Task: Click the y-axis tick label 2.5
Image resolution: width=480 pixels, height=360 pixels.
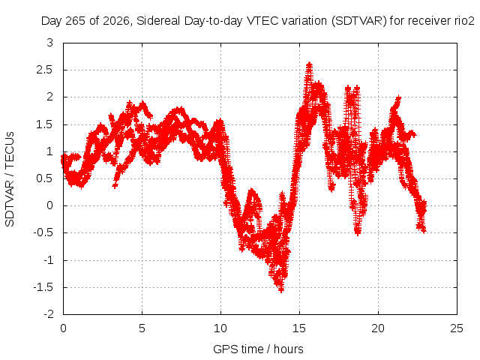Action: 44,70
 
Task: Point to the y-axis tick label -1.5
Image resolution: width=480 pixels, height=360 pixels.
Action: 43,287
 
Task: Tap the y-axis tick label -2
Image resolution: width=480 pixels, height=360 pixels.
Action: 48,314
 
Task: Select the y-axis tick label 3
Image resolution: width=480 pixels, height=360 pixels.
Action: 50,43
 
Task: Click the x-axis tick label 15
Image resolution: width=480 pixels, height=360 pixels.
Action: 299,328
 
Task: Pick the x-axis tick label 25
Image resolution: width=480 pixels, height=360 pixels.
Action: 457,328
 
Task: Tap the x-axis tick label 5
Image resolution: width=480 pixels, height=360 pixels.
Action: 142,328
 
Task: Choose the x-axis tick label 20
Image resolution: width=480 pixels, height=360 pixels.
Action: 378,328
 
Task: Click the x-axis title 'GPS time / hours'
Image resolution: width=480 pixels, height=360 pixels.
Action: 258,349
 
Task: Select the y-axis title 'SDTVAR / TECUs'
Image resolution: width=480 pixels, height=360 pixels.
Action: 10,179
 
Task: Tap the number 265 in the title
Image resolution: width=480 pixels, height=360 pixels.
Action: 76,21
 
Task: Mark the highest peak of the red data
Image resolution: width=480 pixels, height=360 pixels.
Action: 309,64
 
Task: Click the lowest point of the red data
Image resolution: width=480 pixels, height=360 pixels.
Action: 281,290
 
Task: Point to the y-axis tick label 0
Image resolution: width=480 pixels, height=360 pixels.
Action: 50,205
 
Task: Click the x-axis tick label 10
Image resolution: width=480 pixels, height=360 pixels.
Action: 220,328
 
